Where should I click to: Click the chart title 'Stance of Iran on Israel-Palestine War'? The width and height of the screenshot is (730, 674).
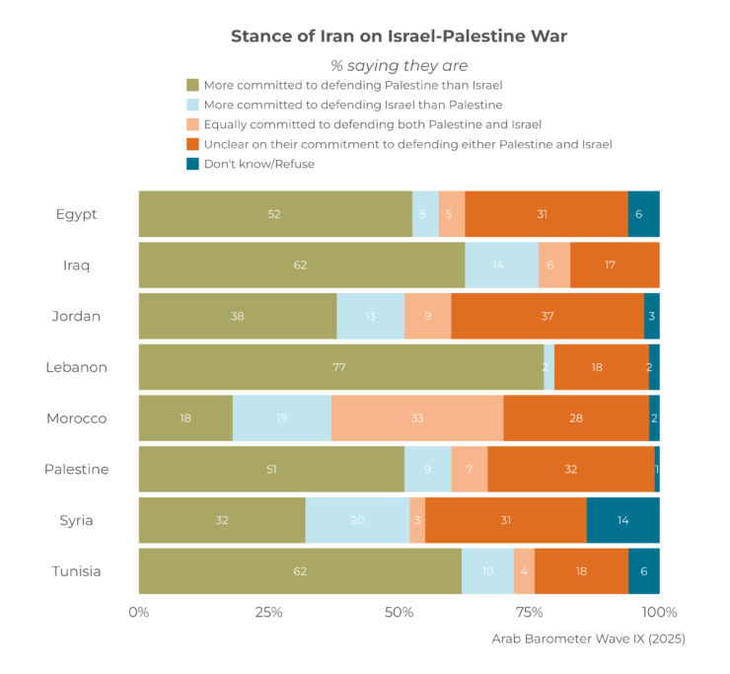click(399, 37)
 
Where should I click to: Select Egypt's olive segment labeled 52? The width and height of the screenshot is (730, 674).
click(275, 214)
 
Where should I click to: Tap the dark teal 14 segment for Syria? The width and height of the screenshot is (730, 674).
click(622, 520)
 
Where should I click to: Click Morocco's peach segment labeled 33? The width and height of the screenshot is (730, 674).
click(417, 418)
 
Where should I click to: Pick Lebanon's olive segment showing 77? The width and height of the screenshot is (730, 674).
click(340, 367)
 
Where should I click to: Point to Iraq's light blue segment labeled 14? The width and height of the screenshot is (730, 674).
click(501, 265)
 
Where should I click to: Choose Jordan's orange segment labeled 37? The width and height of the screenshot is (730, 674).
click(547, 316)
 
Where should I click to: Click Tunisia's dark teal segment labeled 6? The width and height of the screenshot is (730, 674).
click(644, 571)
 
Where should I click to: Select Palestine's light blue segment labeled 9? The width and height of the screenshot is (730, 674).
click(428, 470)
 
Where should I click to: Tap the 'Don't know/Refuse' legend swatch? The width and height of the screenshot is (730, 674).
click(193, 164)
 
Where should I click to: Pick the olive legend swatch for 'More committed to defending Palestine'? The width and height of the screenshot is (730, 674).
click(193, 85)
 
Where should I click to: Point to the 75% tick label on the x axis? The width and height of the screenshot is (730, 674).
click(530, 612)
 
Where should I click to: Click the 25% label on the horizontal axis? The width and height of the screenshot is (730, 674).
click(269, 612)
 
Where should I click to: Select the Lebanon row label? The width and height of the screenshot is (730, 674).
click(76, 367)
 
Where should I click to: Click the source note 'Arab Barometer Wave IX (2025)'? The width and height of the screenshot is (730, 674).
click(588, 638)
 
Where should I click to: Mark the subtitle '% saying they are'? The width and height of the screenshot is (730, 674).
click(399, 66)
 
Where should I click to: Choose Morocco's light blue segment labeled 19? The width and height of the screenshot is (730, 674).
click(282, 418)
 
